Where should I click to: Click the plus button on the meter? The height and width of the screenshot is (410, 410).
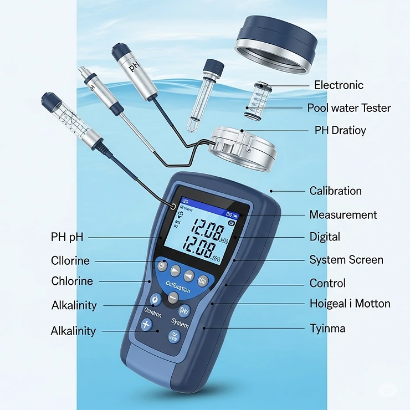coord(146,325)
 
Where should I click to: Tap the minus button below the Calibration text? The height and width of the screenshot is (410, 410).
coord(173,298)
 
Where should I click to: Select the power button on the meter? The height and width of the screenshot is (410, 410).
coord(155,299)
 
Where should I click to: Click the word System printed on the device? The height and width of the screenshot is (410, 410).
coord(180,322)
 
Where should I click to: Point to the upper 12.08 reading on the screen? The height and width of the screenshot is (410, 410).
coord(204,229)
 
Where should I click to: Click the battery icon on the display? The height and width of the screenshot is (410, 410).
coord(237,214)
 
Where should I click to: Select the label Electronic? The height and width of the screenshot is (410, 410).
coord(339,85)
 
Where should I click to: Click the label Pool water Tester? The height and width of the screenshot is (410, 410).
coord(349,108)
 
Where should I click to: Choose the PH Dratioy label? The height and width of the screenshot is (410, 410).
coord(340,131)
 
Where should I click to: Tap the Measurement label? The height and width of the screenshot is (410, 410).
coord(343,215)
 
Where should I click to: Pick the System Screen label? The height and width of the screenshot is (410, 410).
coord(346,260)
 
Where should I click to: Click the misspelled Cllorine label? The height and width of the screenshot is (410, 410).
coord(70,261)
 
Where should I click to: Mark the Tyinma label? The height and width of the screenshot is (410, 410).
coord(327,329)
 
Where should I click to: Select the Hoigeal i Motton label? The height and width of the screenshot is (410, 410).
coord(350,304)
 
